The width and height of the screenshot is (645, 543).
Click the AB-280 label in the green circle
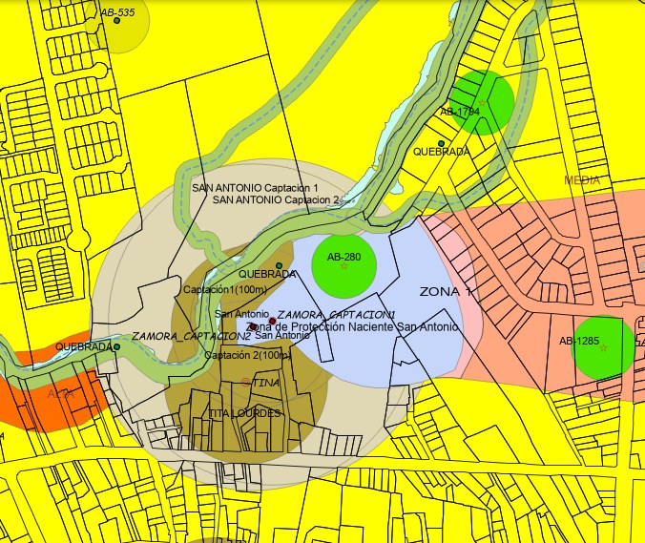(x=343, y=258)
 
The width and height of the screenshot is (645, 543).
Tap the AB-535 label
(x=116, y=13)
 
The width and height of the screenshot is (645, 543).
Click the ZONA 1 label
(x=447, y=291)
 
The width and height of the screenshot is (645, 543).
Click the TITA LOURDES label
(x=244, y=413)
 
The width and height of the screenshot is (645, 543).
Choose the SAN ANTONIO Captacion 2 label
(x=276, y=200)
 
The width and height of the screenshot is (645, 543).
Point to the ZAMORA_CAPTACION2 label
(x=191, y=337)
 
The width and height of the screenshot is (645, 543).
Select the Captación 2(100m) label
(x=247, y=356)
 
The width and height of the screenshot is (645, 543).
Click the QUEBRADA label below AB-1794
(x=442, y=152)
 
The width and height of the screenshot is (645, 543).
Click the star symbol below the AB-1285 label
(x=603, y=348)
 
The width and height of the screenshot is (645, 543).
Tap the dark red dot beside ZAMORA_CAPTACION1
(x=273, y=321)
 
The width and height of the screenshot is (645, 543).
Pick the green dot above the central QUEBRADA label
(x=279, y=264)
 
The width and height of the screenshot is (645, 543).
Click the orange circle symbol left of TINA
(x=245, y=381)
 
